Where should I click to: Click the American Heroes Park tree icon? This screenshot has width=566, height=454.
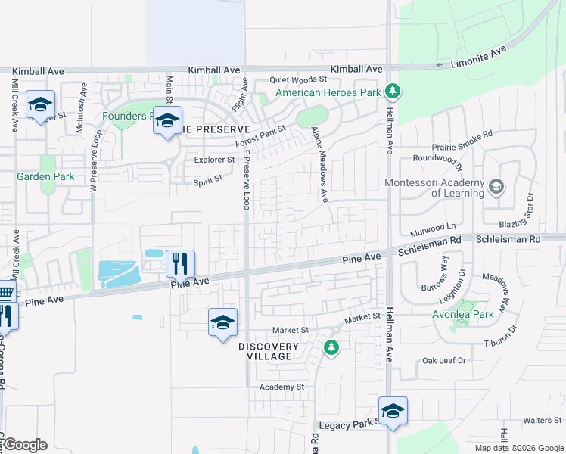[x=392, y=92]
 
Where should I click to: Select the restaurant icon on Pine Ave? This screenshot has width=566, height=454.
[x=181, y=264]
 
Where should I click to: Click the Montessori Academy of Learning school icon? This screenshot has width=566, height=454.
[x=496, y=186]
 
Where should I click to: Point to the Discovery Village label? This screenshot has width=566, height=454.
[x=265, y=351]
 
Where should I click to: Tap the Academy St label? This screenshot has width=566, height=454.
[x=281, y=387]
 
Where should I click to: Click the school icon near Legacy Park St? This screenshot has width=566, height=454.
[x=393, y=411]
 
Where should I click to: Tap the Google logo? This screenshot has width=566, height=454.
[x=25, y=445]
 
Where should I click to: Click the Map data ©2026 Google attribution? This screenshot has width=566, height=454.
[x=518, y=448]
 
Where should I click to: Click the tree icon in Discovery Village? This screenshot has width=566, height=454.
[x=331, y=348]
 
